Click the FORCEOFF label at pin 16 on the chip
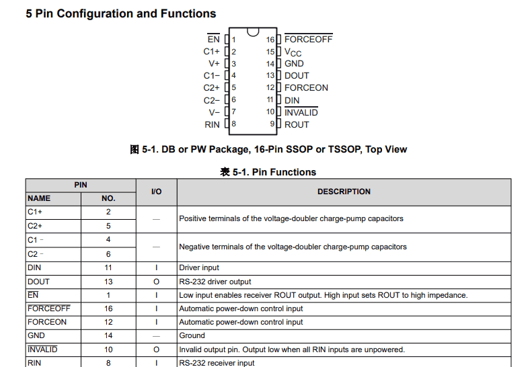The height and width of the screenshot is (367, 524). coord(308,39)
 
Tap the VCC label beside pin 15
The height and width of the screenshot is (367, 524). coord(293,52)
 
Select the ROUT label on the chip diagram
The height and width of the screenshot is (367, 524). coord(297,124)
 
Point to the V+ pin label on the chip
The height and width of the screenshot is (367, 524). coord(214,63)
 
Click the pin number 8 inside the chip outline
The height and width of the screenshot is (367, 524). coord(233,124)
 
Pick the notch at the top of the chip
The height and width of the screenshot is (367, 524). coord(253,32)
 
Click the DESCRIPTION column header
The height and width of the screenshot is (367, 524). coord(344,192)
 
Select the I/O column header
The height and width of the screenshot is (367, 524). coord(156,192)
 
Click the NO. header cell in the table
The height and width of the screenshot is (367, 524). coord(108,198)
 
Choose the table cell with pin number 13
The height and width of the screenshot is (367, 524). coord(108,282)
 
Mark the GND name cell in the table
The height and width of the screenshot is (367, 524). coord(36,335)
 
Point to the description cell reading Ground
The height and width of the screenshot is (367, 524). coord(192,335)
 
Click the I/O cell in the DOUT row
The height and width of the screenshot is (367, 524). coord(156,282)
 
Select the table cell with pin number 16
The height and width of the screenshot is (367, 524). coord(108,309)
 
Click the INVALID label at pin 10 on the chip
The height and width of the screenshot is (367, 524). coord(301,112)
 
